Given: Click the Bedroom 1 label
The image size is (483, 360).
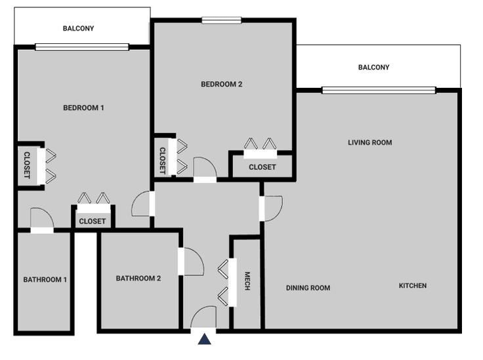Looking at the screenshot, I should [83, 108].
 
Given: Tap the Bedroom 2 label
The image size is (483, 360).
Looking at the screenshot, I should [222, 84].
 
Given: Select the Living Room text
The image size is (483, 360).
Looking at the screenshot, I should [370, 142].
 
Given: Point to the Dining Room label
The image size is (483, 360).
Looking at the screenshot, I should [308, 288].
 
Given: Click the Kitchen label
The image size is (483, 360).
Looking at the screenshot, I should [413, 286].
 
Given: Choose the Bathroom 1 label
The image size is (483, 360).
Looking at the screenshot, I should [45, 280].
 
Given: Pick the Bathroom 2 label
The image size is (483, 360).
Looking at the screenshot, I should [138, 279].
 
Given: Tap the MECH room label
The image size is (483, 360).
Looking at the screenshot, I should [247, 282].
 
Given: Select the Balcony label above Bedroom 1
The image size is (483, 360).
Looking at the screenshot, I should [79, 28].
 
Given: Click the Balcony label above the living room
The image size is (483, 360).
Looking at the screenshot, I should [373, 68].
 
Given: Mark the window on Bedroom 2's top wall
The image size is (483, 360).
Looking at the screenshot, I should [222, 20].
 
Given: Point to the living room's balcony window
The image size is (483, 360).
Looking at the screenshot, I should [378, 90].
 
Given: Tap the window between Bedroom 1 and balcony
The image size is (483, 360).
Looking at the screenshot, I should [82, 47].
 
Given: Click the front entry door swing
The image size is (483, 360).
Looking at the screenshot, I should [203, 317].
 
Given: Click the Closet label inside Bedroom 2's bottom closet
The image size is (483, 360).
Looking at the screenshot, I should [262, 167].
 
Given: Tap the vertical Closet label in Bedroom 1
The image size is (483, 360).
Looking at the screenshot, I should [27, 165].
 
